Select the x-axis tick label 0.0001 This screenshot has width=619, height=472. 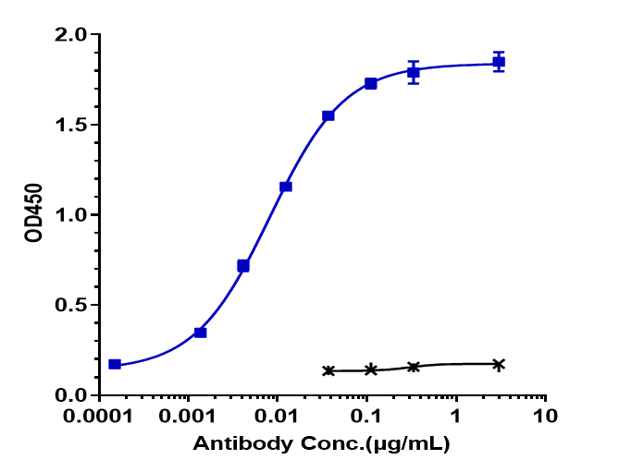coord(100,416)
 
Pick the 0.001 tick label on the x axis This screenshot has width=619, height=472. coord(189,416)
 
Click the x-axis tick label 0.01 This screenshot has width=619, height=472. coord(278,416)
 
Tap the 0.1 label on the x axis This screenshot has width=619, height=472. coord(366,416)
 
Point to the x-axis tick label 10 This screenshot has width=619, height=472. coord(545,416)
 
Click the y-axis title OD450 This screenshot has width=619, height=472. coord(33,215)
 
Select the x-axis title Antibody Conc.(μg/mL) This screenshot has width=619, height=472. coord(321,445)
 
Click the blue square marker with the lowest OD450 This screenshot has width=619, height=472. coord(115,364)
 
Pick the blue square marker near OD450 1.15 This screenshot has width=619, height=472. coord(286,187)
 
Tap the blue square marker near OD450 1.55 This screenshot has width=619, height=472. coord(328,115)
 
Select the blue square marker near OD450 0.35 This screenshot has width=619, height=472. coord(201,332)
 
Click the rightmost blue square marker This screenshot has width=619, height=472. coord(499,62)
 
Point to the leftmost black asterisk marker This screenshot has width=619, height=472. coord(328,370)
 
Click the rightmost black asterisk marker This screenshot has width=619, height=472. coord(499,365)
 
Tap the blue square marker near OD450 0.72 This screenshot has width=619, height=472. coord(243,266)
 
